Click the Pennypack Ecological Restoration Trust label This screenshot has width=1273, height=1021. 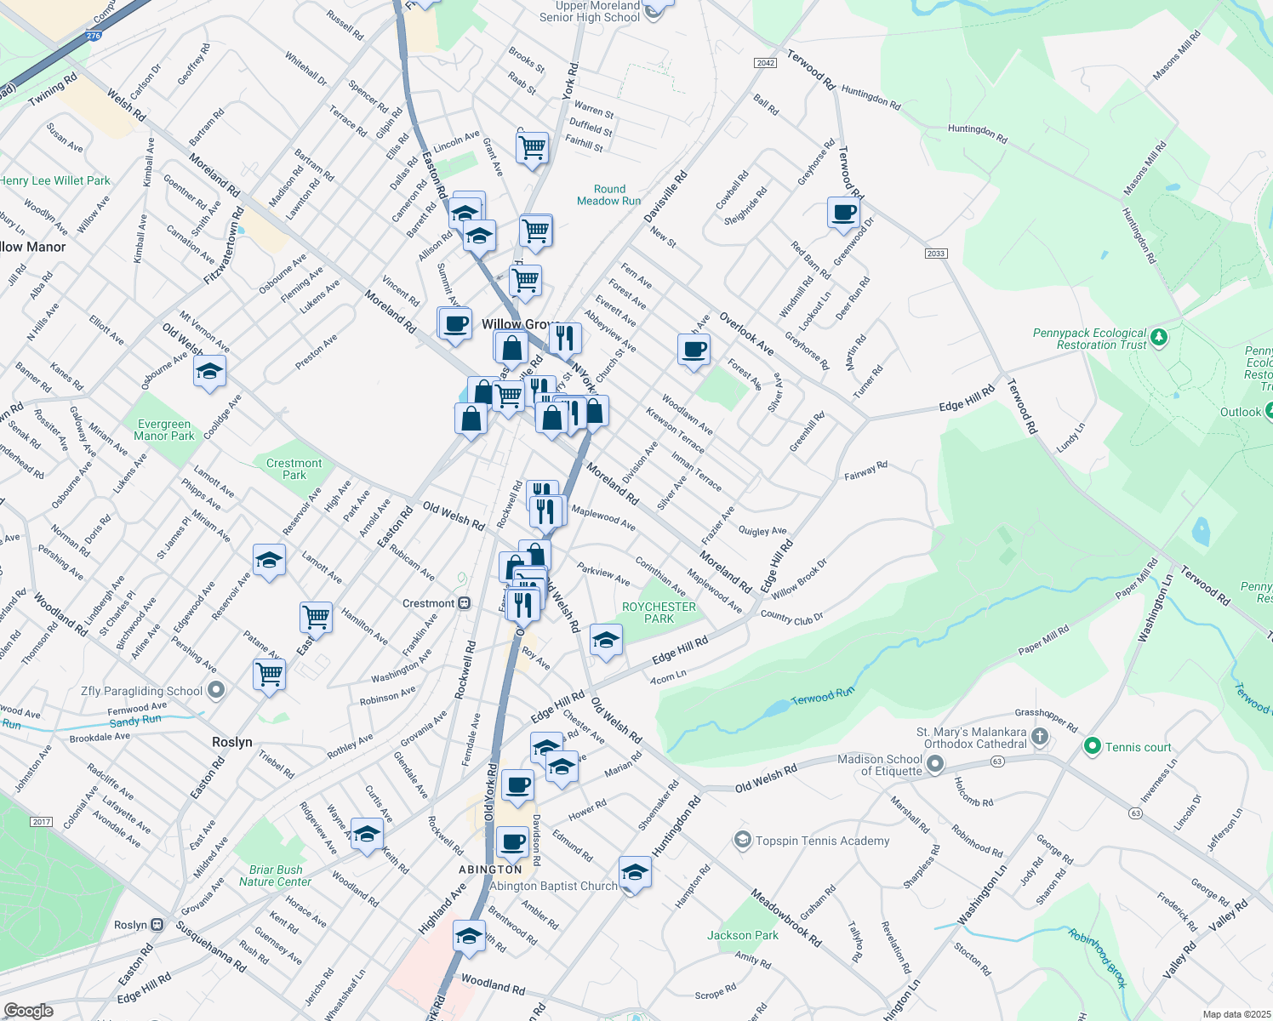click(1089, 339)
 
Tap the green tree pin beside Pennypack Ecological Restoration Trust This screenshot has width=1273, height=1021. click(1158, 339)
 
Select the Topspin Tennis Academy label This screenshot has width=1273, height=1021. click(822, 841)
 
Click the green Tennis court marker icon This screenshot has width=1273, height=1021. click(1092, 746)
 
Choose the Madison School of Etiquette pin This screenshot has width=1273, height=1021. click(935, 764)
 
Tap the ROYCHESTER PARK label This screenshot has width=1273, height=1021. click(659, 613)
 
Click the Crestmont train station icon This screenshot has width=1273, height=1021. click(464, 603)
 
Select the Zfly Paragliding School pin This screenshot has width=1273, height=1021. click(216, 690)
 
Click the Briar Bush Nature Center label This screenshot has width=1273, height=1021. click(275, 876)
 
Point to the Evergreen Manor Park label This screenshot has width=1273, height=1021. click(164, 430)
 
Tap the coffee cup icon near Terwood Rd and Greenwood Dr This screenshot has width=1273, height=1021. click(843, 213)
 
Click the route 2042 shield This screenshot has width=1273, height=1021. click(765, 63)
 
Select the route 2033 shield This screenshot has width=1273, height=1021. click(936, 254)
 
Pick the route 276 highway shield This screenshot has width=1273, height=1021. click(94, 36)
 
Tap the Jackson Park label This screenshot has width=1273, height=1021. click(742, 935)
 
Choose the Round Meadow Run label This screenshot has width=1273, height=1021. click(608, 195)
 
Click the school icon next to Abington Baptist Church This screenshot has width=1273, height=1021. click(635, 873)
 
